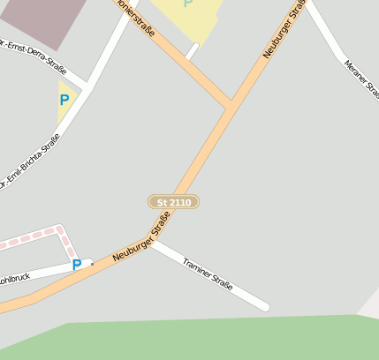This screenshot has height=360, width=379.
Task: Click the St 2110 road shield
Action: pyautogui.click(x=173, y=202)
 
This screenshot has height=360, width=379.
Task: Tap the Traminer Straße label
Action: pyautogui.click(x=208, y=274)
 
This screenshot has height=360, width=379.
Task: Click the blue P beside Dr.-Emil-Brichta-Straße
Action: pyautogui.click(x=64, y=101)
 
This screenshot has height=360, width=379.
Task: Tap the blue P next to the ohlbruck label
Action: pyautogui.click(x=77, y=265)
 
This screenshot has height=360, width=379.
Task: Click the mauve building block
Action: pyautogui.click(x=40, y=19)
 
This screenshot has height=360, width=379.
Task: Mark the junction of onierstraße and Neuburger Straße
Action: pyautogui.click(x=230, y=105)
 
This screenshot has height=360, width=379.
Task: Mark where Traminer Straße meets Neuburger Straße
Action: pyautogui.click(x=152, y=242)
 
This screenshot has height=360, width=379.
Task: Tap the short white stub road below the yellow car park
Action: pyautogui.click(x=192, y=51)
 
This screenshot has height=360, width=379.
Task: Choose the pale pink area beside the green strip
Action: pyautogui.click(x=370, y=304)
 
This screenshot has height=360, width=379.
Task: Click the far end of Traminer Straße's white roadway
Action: pyautogui.click(x=264, y=307)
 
